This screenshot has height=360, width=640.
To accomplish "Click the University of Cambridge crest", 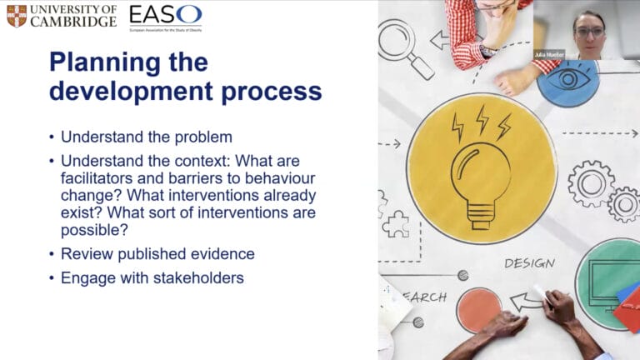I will point(16,15).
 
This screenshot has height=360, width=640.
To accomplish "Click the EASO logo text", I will point(165,14).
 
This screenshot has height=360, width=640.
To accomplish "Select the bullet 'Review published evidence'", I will point(157,254).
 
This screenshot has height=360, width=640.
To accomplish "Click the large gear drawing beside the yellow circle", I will point(591,182).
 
